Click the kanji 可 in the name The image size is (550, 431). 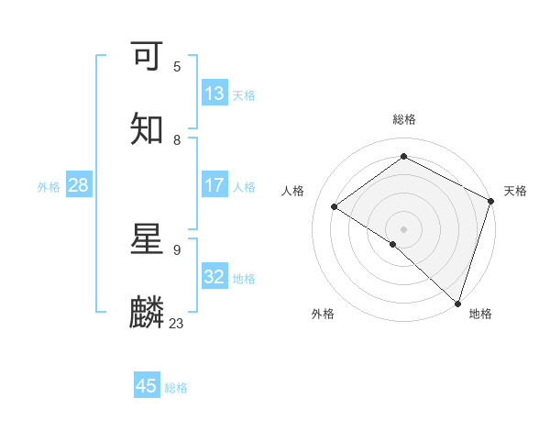[147, 57]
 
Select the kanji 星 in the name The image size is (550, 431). [147, 240]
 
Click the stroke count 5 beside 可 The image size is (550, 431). [177, 67]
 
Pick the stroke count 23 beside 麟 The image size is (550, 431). [176, 324]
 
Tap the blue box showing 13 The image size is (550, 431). [214, 93]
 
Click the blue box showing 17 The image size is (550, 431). [214, 185]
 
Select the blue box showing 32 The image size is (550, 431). [214, 277]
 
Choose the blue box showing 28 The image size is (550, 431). [79, 185]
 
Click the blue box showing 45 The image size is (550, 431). [147, 386]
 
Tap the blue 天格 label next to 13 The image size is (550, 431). [244, 94]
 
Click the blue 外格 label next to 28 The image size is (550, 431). [49, 186]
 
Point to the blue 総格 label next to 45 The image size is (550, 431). [176, 388]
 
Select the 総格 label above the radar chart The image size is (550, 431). [404, 119]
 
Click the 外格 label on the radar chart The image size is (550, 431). [322, 314]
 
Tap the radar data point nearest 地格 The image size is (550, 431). [458, 304]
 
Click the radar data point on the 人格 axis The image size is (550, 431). [335, 206]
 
